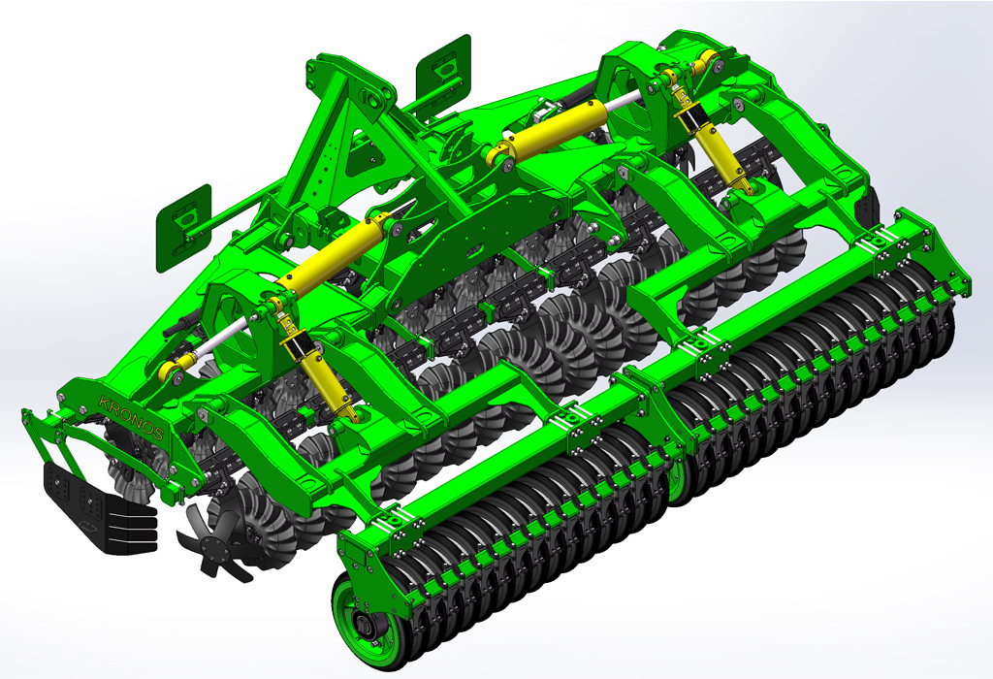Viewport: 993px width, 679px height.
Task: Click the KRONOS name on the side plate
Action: click(131, 418)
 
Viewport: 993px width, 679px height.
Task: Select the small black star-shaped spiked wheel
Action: click(216, 544)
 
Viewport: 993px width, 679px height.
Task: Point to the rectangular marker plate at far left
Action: click(183, 228)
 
